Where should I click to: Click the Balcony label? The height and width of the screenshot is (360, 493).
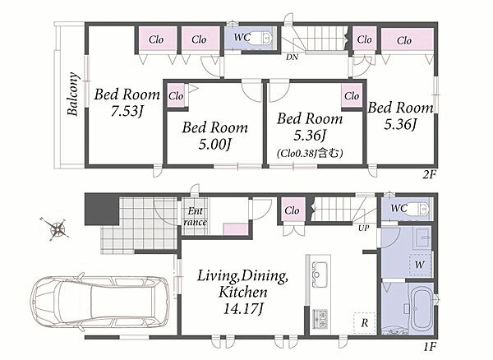72,94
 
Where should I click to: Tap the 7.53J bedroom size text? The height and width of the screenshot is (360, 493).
127,111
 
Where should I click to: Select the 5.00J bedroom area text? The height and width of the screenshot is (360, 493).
215,145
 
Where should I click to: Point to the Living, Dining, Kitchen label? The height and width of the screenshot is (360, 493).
242,284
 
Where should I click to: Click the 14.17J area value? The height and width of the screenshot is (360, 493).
242,308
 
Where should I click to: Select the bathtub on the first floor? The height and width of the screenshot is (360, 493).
422,309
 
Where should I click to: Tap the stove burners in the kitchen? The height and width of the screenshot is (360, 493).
320,319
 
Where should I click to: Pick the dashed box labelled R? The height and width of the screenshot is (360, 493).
365,323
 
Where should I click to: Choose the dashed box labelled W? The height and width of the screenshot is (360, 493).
420,265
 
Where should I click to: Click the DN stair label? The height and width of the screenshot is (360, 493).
292,58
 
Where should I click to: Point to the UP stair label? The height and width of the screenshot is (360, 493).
363,228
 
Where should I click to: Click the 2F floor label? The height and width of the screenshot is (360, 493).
430,174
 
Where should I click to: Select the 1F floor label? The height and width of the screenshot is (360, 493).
430,347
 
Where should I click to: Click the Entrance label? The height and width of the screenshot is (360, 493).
196,217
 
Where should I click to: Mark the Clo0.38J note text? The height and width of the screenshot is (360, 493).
310,154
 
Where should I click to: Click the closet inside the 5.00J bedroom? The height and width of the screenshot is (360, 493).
176,95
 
